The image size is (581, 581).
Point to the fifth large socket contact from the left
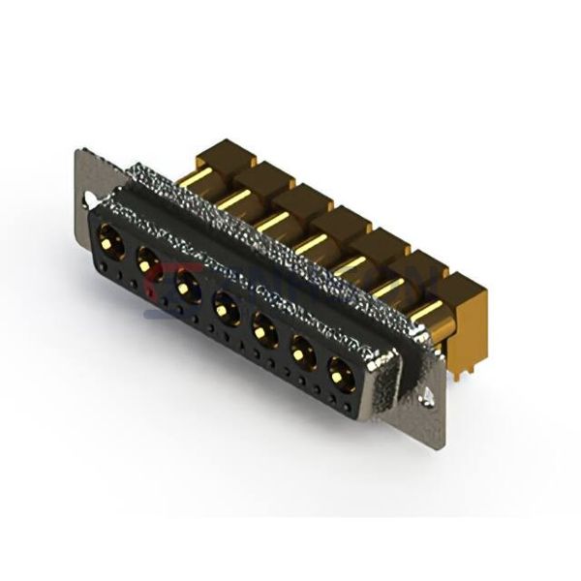tap(263, 334)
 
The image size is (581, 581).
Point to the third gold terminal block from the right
tap(382, 246)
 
